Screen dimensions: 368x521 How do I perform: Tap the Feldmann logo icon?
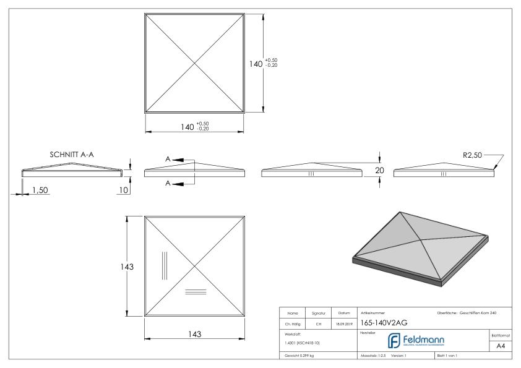pyautogui.click(x=394, y=341)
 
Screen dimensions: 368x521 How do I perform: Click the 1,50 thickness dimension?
pyautogui.click(x=40, y=190)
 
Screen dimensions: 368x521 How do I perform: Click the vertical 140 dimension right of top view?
pyautogui.click(x=256, y=64)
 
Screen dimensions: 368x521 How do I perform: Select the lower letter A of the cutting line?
pyautogui.click(x=167, y=183)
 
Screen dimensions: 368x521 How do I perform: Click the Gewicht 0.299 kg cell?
pyautogui.click(x=300, y=357)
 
